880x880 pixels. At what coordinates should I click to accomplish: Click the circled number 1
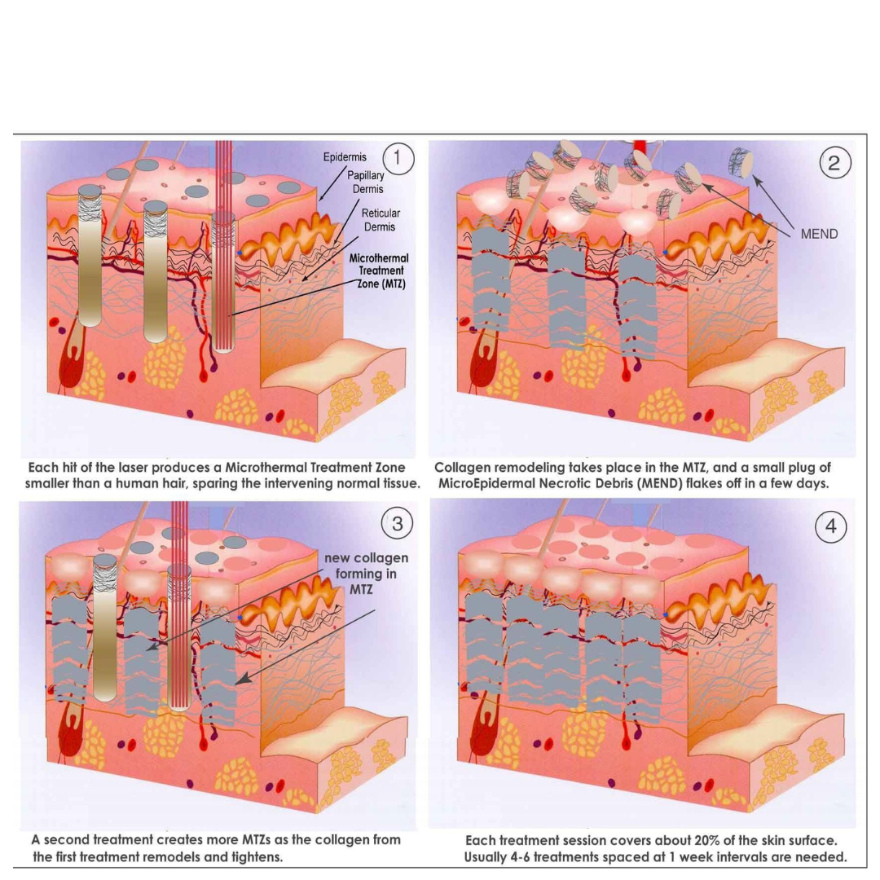(x=398, y=158)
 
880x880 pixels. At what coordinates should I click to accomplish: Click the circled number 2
(x=834, y=163)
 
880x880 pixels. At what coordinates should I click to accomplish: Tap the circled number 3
(x=398, y=524)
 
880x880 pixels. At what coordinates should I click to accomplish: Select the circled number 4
(x=830, y=526)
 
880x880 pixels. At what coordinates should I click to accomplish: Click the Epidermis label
(x=345, y=157)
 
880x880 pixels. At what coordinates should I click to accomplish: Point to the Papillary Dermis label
(x=367, y=183)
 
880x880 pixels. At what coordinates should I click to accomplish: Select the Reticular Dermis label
(x=381, y=220)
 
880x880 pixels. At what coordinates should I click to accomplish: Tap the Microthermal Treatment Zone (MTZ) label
(x=379, y=271)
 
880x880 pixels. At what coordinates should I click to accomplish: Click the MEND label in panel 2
(x=819, y=234)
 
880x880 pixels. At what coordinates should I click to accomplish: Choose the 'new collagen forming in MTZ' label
(x=366, y=574)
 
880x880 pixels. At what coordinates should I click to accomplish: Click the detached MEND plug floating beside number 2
(x=741, y=161)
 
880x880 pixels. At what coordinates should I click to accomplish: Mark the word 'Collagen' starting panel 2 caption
(x=459, y=468)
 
